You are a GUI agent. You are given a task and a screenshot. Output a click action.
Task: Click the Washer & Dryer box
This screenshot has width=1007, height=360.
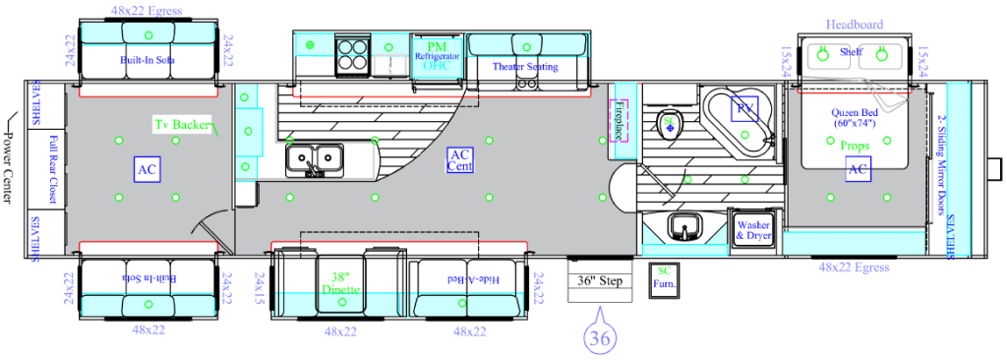click(753, 230)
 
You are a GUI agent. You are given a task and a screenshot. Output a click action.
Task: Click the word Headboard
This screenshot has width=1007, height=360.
click(854, 24)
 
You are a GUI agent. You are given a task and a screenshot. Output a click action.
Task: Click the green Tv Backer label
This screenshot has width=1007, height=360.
click(183, 125)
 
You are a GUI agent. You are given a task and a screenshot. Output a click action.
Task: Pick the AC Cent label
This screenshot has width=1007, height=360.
click(460, 160)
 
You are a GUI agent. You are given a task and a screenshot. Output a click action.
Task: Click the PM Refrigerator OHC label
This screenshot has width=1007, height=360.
click(437, 54)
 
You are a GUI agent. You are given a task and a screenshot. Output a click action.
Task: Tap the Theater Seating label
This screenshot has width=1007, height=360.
click(523, 67)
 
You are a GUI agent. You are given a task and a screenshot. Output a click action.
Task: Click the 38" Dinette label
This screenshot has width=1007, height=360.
click(341, 283)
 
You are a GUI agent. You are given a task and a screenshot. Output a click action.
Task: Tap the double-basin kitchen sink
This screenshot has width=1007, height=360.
click(315, 157)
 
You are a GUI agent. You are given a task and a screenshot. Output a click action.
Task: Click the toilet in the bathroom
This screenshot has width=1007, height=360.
click(669, 123)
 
